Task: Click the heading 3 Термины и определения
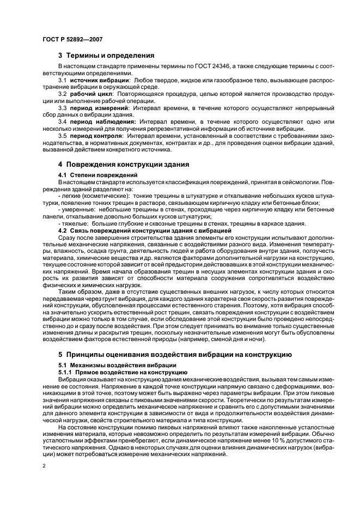[106, 55]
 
